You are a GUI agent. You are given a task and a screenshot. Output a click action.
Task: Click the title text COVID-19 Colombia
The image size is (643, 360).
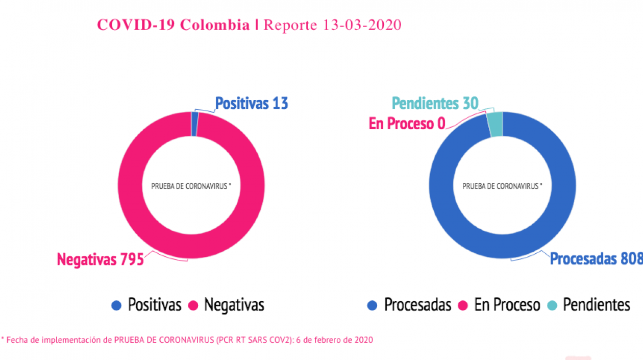tap(173, 25)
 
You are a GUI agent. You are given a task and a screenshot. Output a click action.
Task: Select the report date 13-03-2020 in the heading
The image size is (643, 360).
tap(362, 25)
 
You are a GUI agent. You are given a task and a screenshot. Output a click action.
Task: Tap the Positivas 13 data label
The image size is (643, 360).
tap(252, 104)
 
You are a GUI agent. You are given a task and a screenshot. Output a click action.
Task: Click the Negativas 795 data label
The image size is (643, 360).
tap(100, 259)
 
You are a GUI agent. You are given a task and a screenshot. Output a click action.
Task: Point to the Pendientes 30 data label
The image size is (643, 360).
tap(435, 104)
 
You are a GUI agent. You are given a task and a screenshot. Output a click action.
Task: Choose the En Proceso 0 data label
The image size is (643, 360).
tap(407, 124)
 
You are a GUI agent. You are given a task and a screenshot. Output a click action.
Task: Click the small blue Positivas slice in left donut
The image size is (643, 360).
tap(194, 124)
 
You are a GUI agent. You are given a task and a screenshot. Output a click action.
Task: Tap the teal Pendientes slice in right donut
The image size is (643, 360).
tap(495, 125)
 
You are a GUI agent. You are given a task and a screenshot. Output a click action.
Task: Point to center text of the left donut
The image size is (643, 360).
tap(191, 186)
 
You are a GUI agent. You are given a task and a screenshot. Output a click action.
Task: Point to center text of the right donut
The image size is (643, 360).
tap(502, 186)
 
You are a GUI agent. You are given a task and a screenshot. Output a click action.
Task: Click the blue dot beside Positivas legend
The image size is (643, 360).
tap(117, 305)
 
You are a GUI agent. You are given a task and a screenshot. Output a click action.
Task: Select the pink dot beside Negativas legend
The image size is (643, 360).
tap(193, 305)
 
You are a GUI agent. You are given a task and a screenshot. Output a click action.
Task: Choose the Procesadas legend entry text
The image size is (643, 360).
tap(417, 305)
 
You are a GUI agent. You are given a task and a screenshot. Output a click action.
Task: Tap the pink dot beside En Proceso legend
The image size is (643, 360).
tap(463, 305)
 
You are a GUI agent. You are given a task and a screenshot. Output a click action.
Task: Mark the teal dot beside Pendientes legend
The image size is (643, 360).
tap(552, 305)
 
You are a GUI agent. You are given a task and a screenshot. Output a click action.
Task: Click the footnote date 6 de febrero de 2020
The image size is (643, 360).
tap(334, 340)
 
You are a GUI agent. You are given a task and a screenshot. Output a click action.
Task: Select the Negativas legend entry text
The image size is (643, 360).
tap(234, 305)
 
